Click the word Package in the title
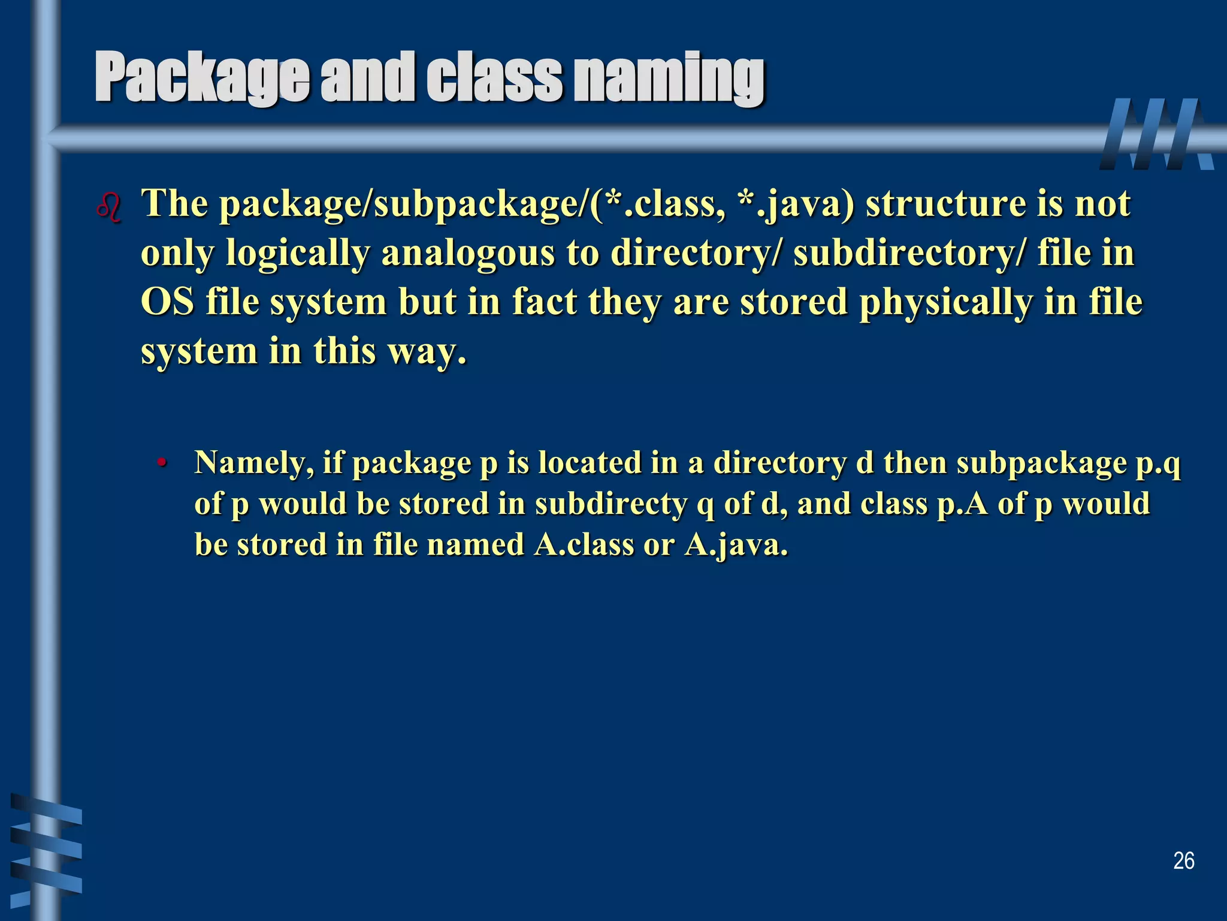[201, 78]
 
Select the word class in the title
[494, 78]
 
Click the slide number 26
[1183, 861]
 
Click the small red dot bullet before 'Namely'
[161, 463]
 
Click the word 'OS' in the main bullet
[167, 302]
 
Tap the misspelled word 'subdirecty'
[611, 504]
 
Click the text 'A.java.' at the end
[736, 545]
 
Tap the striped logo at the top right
[1156, 134]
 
